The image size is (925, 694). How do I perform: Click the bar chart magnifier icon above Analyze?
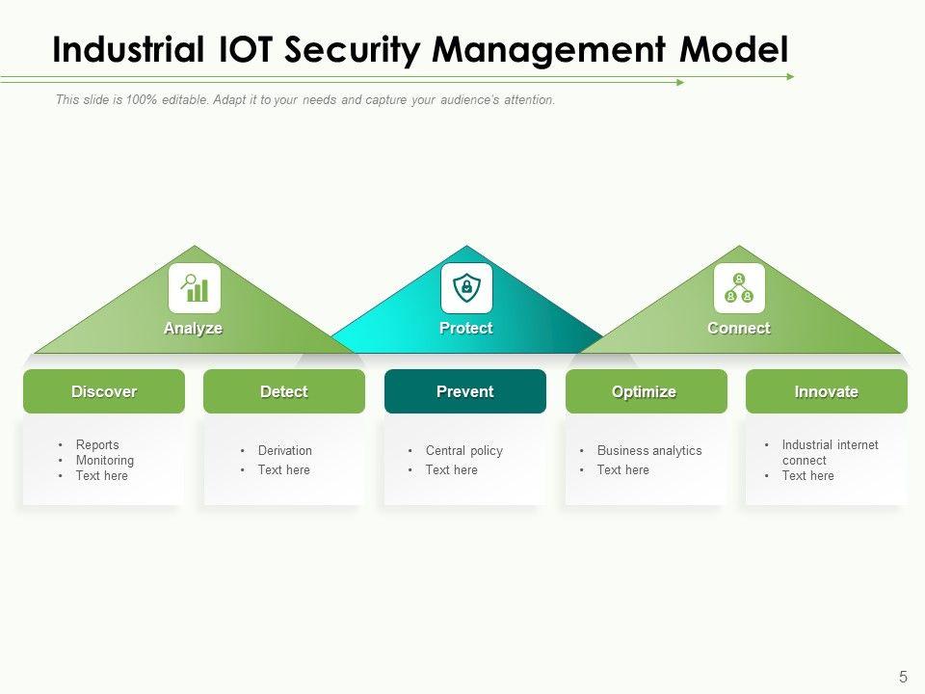(x=195, y=288)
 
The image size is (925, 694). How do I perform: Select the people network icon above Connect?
(x=739, y=288)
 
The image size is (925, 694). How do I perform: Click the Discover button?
(x=104, y=391)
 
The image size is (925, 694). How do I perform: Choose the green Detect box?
(x=284, y=391)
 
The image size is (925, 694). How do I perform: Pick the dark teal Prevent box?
(x=464, y=391)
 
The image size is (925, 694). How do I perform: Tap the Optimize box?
(x=645, y=391)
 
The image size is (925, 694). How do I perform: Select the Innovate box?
(x=826, y=391)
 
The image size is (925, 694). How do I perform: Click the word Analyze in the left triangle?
(x=193, y=328)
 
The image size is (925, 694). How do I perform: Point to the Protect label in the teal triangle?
(x=465, y=328)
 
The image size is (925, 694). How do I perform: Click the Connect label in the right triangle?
(x=739, y=328)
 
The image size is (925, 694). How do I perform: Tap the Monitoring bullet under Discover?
(x=105, y=460)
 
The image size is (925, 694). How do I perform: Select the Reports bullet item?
(x=97, y=444)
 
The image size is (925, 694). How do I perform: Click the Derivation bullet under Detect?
(x=284, y=450)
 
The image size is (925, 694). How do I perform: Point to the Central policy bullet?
(x=463, y=450)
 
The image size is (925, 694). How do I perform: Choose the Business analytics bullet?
(x=649, y=450)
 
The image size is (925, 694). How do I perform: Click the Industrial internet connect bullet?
(x=829, y=452)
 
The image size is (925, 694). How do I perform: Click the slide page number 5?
(x=903, y=677)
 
